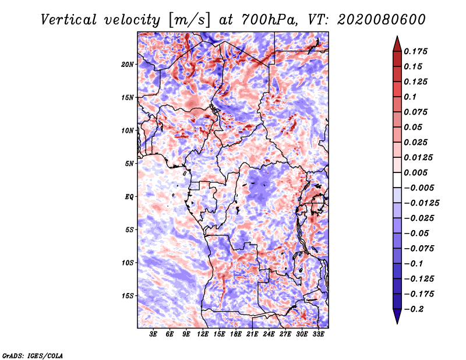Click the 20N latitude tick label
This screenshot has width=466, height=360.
[128, 65]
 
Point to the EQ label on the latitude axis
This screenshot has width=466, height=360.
[129, 197]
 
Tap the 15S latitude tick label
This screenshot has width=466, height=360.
[128, 296]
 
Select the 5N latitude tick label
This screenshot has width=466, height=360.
[129, 164]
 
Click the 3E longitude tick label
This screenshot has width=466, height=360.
[153, 334]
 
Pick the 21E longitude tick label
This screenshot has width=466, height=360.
[252, 334]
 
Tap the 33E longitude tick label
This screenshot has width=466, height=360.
[318, 334]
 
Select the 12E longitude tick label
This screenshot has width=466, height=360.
[202, 334]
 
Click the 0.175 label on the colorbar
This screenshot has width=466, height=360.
[415, 51]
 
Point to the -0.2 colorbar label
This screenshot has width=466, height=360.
[414, 309]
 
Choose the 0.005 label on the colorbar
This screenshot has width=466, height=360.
[415, 172]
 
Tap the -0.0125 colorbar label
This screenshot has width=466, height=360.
[421, 203]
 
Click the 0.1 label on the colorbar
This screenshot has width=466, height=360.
[410, 97]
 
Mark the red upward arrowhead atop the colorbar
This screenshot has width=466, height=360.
[397, 44]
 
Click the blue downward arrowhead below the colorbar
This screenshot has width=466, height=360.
[397, 316]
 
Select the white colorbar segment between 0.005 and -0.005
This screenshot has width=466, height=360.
[397, 180]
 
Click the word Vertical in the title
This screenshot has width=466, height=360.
[69, 20]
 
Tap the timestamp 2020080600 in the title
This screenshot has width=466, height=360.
[382, 20]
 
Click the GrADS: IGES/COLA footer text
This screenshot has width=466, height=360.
[33, 355]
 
